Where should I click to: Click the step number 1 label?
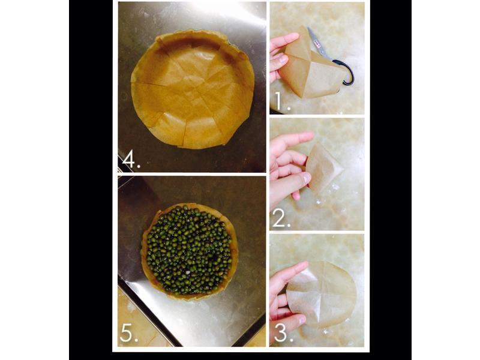pyautogui.click(x=282, y=101)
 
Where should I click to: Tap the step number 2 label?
pyautogui.click(x=281, y=218)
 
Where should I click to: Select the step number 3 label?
pyautogui.click(x=283, y=333)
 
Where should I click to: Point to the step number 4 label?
pyautogui.click(x=131, y=160)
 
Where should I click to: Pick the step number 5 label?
pyautogui.click(x=129, y=333)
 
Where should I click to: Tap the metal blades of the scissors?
pyautogui.click(x=316, y=41)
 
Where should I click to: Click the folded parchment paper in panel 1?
pyautogui.click(x=311, y=66)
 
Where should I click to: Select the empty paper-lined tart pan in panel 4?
pyautogui.click(x=193, y=89)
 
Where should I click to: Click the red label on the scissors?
pyautogui.click(x=317, y=45)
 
